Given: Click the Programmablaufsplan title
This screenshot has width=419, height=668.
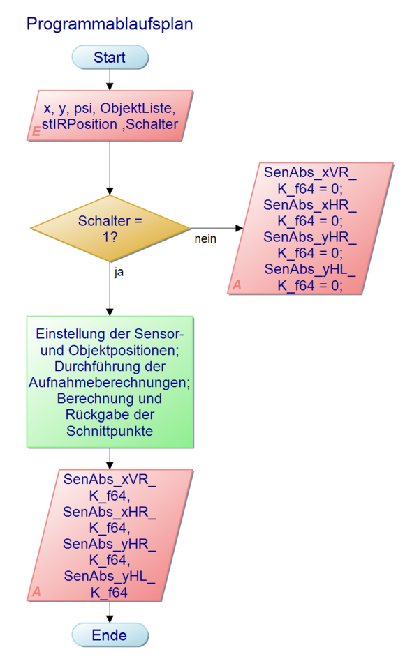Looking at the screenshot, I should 109,24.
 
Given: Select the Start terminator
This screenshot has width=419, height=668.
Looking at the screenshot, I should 110,57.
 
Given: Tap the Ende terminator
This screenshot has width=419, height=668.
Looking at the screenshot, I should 110,635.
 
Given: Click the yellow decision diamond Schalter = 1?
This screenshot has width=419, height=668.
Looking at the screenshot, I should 110,228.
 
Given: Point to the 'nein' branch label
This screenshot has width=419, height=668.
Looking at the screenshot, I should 205,239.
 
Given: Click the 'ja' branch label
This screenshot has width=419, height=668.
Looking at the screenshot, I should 119,273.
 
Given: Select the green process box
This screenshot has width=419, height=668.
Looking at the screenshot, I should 110,381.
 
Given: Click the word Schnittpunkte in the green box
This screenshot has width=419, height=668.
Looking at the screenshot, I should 110,432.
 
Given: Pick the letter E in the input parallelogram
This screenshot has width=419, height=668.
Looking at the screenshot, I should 36,131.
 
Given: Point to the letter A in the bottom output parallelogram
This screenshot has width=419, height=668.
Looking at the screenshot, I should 36,592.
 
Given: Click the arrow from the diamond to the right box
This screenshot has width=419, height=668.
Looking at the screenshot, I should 216,228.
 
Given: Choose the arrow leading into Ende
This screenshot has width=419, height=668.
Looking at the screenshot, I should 110,612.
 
